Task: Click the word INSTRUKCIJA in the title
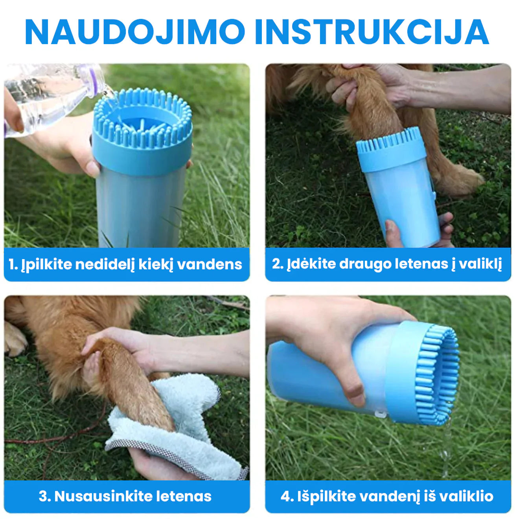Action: click(372, 32)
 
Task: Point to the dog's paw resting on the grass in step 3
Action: click(15, 339)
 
